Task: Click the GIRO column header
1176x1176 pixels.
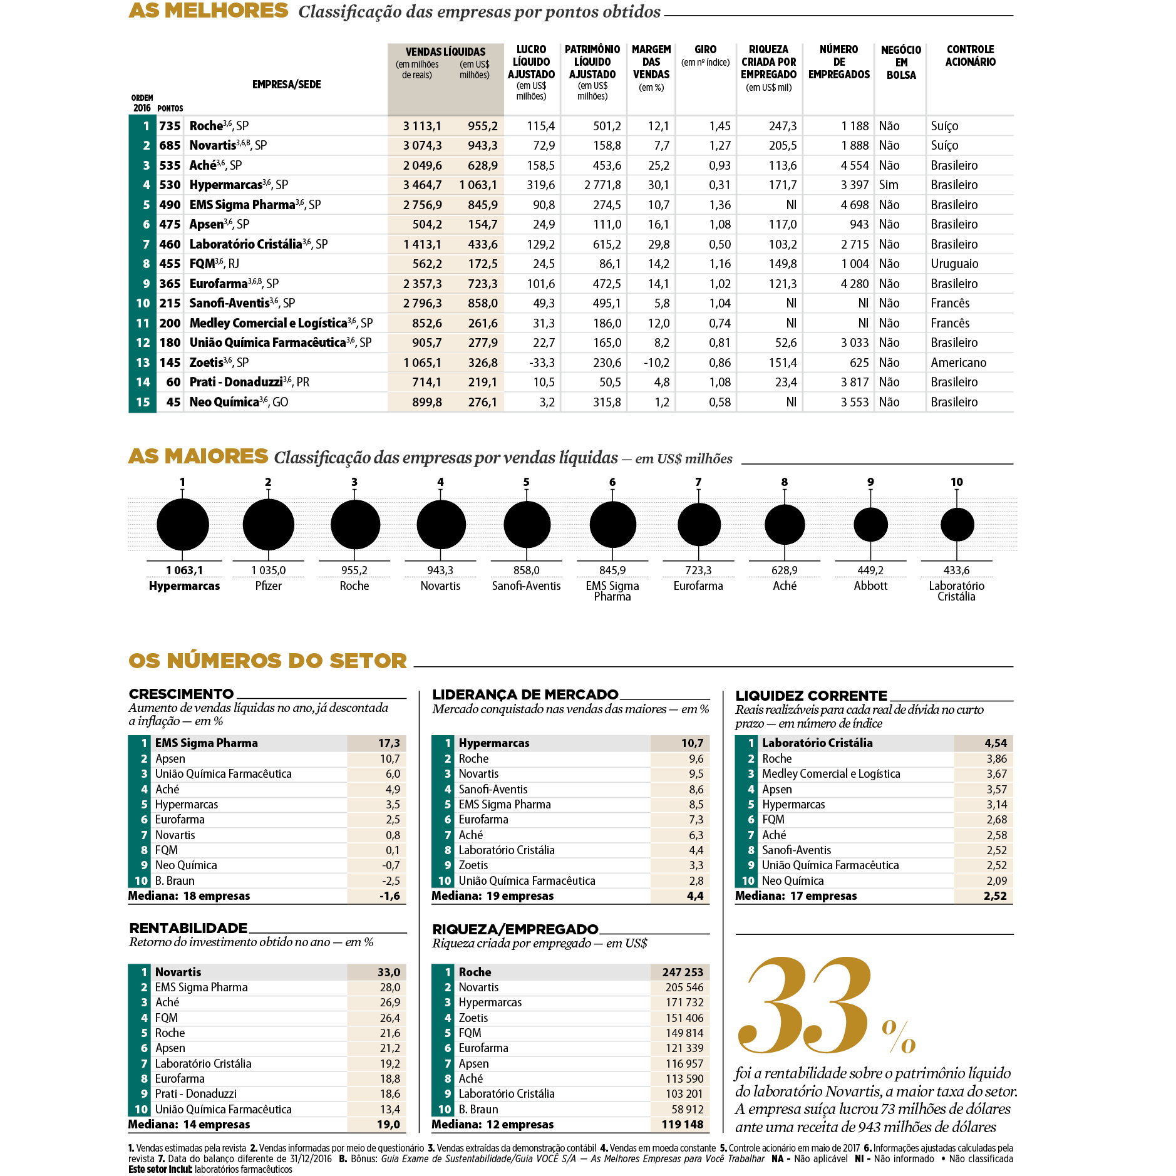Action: pos(705,49)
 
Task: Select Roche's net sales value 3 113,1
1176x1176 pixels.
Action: pos(422,126)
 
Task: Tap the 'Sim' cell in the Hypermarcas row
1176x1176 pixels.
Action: pos(889,185)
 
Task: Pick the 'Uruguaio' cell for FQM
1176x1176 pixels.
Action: pos(954,264)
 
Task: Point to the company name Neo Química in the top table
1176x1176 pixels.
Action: pos(224,402)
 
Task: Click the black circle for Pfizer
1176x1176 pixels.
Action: pos(269,525)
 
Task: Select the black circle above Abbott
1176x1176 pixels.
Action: pos(871,525)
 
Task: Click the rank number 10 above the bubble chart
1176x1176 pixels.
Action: pos(957,482)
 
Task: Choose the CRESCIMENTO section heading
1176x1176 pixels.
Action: pos(181,694)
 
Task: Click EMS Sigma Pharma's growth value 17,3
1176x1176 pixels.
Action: pos(389,743)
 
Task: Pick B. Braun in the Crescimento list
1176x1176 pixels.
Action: pos(175,880)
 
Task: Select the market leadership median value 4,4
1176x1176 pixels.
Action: pos(695,896)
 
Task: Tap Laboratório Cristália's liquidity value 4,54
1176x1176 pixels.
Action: pos(996,743)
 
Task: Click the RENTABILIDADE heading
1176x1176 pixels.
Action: pos(188,928)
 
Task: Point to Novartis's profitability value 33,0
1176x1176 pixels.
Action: pos(388,972)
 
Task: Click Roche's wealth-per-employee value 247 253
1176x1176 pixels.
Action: pos(683,972)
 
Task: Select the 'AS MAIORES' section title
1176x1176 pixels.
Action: pos(198,456)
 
